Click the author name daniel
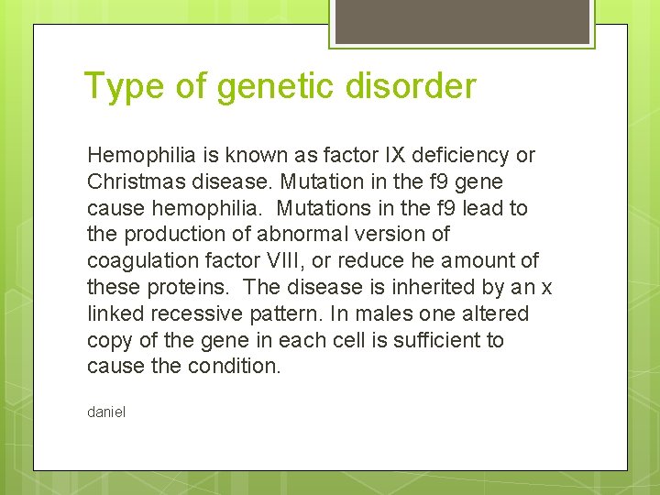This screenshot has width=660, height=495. click(x=106, y=412)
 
